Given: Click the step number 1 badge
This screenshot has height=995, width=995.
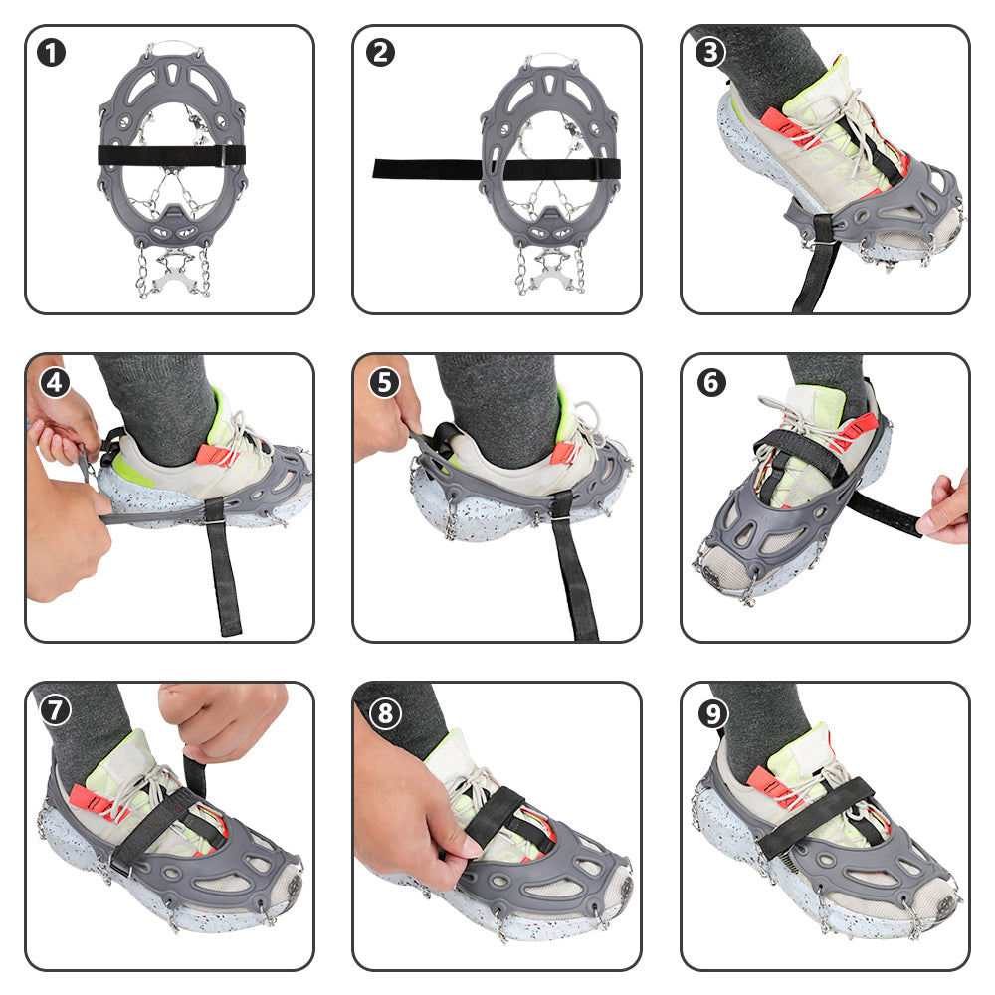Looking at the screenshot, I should (x=53, y=52).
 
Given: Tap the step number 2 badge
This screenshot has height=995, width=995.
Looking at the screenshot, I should (x=380, y=52).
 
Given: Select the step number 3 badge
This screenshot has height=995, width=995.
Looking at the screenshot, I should (x=708, y=52).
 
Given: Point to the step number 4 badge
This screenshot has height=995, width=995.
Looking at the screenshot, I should (x=53, y=381).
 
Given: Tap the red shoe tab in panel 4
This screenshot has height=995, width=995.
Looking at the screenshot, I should (x=214, y=454).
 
